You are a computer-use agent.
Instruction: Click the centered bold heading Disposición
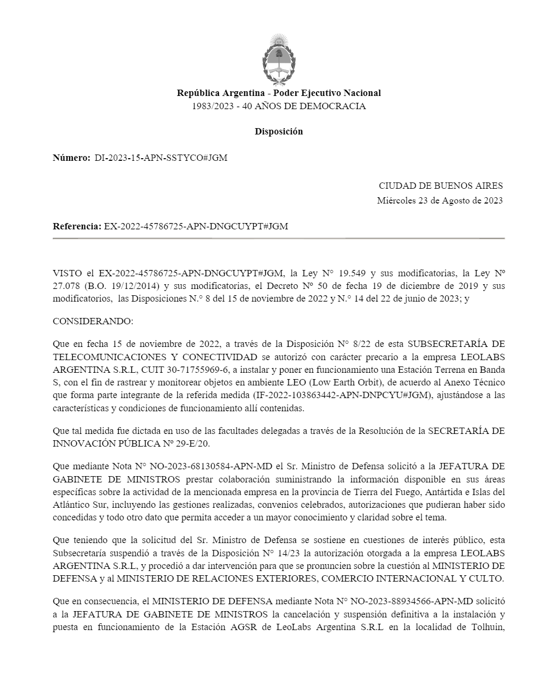click(x=278, y=131)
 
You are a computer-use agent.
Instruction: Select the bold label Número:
click(x=72, y=158)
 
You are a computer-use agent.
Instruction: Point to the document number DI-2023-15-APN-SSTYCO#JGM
click(x=161, y=158)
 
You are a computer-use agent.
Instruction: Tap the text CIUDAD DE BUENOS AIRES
click(x=440, y=186)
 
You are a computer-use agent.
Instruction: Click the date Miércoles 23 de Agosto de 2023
click(x=439, y=200)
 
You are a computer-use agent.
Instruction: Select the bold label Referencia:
click(x=77, y=226)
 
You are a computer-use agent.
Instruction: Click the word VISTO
click(x=67, y=273)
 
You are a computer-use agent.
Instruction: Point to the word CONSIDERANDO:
click(x=93, y=321)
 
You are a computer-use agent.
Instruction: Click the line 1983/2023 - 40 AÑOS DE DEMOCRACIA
click(x=278, y=106)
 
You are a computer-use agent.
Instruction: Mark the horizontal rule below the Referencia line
click(x=278, y=239)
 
